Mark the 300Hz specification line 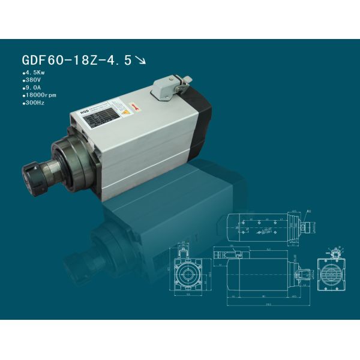coord(33,103)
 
